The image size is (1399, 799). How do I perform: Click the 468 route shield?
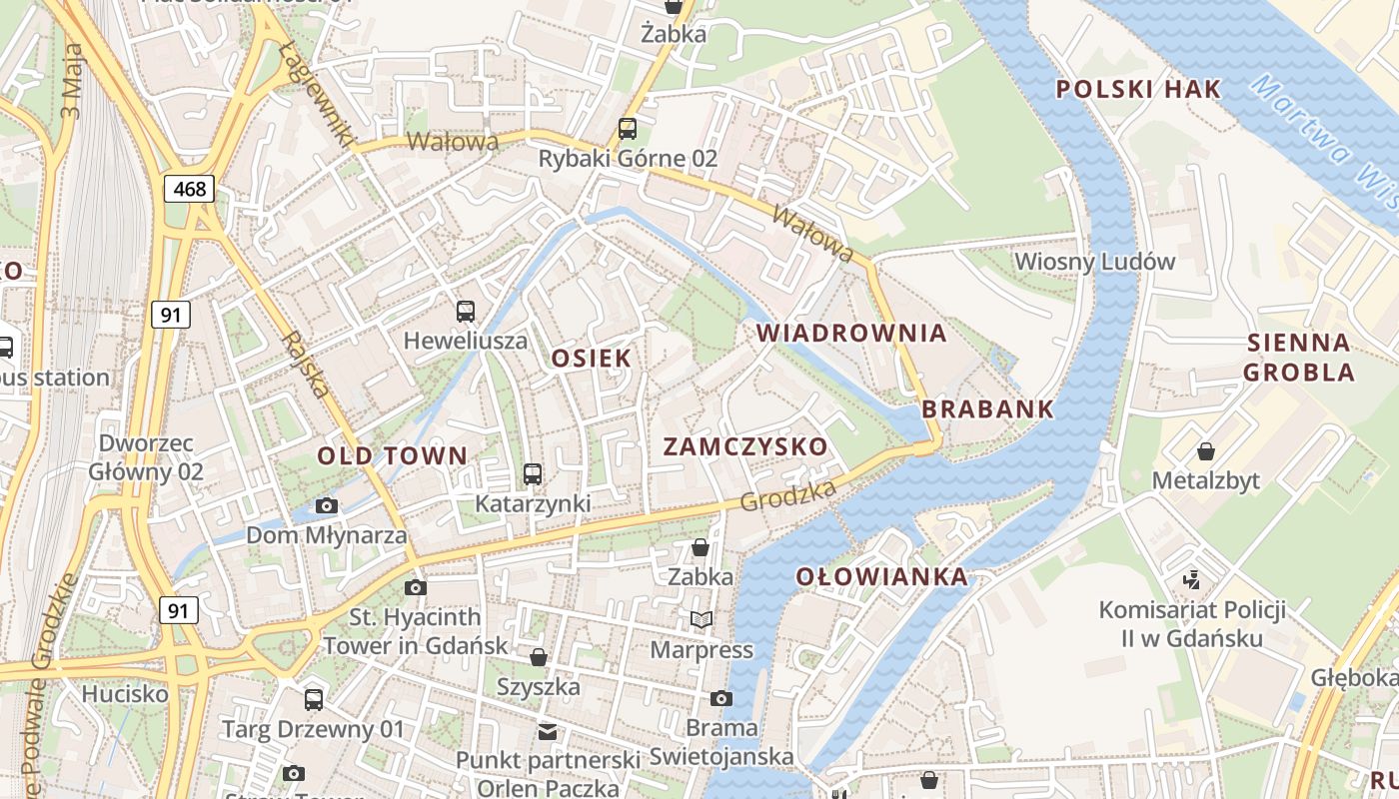190,188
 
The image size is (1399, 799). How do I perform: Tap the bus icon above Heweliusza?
466,311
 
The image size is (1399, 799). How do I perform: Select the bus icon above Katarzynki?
533,474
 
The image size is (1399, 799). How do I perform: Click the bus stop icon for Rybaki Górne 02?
628,128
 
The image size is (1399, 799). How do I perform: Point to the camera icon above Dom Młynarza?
326,506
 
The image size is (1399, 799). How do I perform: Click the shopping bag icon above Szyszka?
539,657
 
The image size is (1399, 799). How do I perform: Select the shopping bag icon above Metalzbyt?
1205,451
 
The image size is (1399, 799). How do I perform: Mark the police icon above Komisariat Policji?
1191,579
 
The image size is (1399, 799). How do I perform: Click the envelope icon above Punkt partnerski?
547,731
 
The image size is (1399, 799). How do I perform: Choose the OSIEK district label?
592,358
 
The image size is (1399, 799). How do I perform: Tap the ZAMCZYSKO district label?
745,446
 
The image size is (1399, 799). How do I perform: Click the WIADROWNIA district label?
851,333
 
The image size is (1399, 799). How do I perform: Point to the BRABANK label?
987,408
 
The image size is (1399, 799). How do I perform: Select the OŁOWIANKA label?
882,576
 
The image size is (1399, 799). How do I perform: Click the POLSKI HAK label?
1138,89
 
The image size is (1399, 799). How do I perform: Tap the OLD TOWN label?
392,456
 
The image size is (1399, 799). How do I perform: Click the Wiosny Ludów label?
1094,262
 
